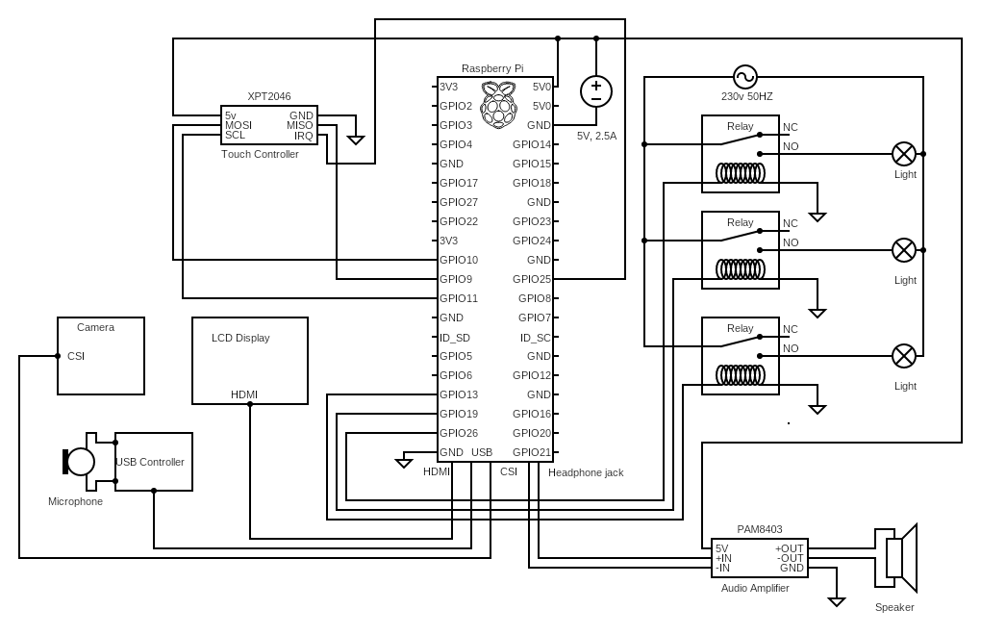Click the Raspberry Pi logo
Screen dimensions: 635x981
click(x=497, y=105)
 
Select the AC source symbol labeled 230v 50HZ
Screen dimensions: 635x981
click(x=745, y=77)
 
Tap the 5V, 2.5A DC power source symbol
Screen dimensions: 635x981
click(x=596, y=91)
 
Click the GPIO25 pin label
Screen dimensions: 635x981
click(x=532, y=279)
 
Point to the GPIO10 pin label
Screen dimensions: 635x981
click(x=459, y=260)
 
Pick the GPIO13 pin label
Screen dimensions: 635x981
click(x=459, y=394)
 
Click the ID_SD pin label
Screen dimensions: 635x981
click(x=455, y=337)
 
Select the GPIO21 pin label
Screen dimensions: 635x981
click(x=532, y=452)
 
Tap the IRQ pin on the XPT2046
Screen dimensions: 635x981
click(x=303, y=136)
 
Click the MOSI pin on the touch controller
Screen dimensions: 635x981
click(x=239, y=125)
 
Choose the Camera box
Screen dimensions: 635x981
click(x=101, y=356)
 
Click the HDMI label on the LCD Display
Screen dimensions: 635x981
click(x=244, y=394)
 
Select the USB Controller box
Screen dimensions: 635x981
click(x=154, y=462)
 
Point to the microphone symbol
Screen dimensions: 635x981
click(x=78, y=462)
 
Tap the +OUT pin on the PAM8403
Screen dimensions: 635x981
click(x=789, y=548)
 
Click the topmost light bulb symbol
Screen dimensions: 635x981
click(x=904, y=154)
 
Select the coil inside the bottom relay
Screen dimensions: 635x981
click(x=740, y=375)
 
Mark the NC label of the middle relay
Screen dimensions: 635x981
click(x=791, y=223)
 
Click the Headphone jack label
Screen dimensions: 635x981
click(x=586, y=472)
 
